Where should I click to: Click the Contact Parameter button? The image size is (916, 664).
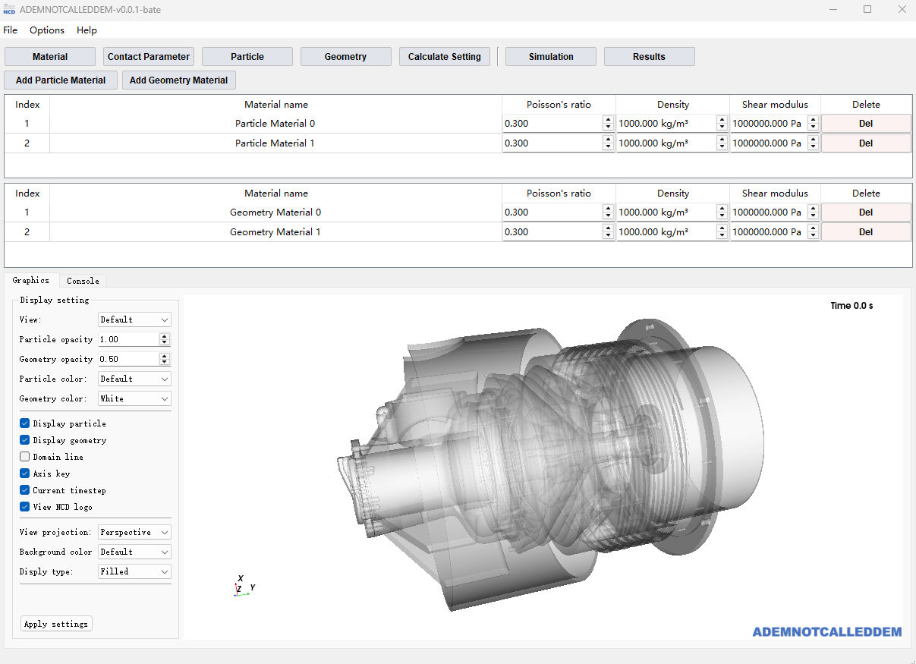pos(149,57)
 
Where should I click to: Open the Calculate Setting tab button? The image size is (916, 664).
pos(444,57)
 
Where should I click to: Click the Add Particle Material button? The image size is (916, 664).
pos(61,80)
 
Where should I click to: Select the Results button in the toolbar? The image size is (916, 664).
pos(649,57)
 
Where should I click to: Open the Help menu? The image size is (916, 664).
pos(87,30)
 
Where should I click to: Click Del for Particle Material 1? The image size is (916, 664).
pos(865,143)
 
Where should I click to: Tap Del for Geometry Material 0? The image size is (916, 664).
pos(865,212)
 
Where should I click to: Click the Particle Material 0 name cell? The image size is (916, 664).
pos(275,124)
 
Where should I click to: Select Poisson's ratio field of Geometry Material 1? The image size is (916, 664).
pos(552,232)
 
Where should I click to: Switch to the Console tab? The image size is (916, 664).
pos(83,281)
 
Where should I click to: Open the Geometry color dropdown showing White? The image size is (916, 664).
pos(134,398)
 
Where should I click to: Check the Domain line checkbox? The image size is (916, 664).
pos(25,457)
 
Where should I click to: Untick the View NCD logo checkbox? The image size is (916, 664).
pos(25,507)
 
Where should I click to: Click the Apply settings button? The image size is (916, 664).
pos(56,624)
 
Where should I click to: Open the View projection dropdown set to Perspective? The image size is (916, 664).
pos(134,532)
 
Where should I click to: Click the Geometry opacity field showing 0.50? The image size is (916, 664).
pos(127,359)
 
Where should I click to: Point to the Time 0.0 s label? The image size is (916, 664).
pos(851,306)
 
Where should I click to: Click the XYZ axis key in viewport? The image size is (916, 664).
pos(242,587)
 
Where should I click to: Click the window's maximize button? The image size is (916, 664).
pos(867,10)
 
